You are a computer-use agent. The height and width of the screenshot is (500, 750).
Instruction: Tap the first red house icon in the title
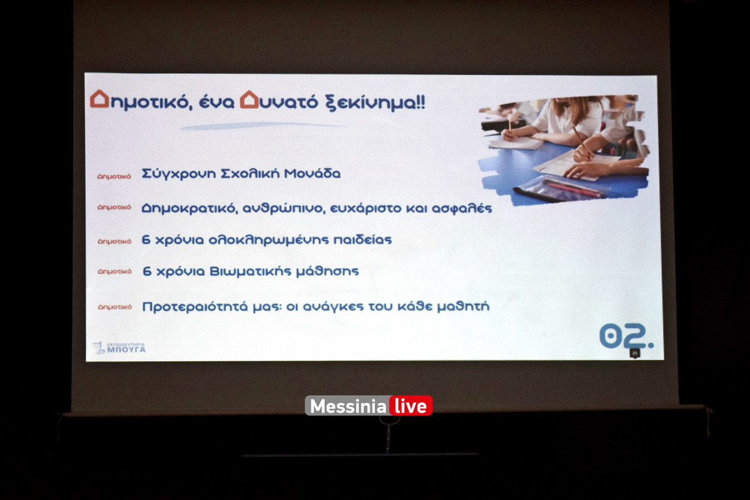[x=99, y=99]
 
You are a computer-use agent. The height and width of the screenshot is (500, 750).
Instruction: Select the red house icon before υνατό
[x=249, y=99]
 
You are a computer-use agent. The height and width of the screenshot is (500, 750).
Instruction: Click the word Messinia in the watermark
[x=348, y=406]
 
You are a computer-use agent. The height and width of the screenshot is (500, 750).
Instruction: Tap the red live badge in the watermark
[x=410, y=406]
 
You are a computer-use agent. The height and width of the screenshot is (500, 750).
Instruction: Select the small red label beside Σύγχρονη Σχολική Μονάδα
[x=114, y=176]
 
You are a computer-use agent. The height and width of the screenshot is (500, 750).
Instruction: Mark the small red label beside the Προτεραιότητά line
[x=114, y=307]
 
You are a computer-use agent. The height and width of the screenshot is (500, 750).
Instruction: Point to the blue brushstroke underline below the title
[x=263, y=126]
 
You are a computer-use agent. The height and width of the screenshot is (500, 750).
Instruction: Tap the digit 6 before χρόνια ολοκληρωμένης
[x=146, y=240]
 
